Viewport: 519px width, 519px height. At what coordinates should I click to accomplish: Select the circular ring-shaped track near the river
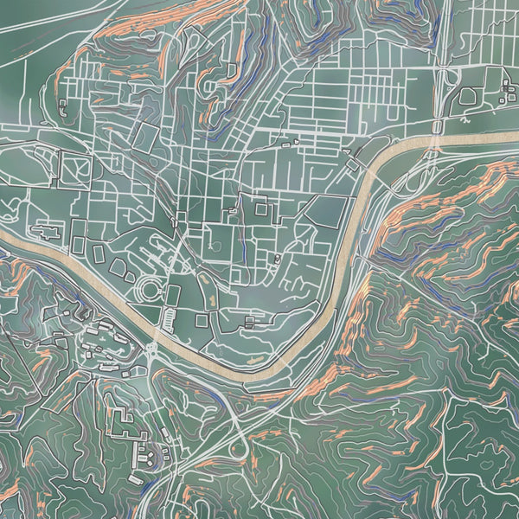pyautogui.click(x=148, y=287)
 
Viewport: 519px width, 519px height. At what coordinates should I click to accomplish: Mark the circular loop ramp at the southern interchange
pyautogui.click(x=239, y=449)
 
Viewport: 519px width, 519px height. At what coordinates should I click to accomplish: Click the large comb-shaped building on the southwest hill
pyautogui.click(x=125, y=426)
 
